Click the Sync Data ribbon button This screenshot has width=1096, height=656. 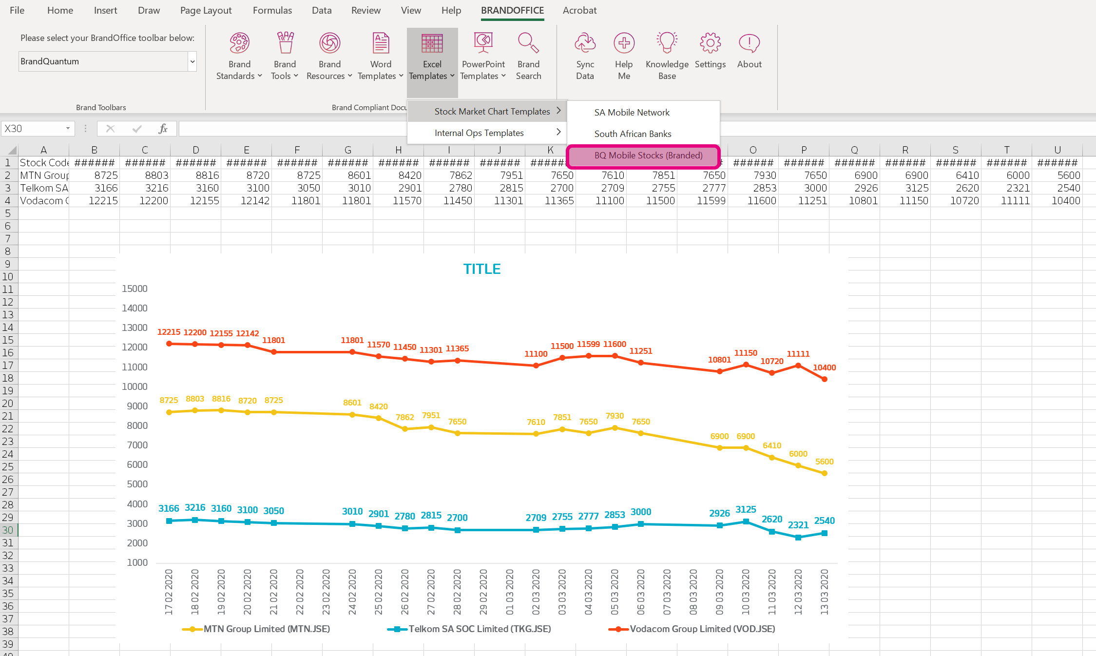coord(585,55)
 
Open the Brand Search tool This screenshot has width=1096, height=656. coord(528,55)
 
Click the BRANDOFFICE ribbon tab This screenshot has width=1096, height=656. coord(512,10)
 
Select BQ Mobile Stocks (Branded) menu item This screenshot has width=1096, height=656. coord(648,155)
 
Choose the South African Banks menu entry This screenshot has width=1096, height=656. coord(633,134)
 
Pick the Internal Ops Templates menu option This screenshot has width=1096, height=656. coord(479,133)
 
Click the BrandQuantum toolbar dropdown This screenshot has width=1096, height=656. coord(107,61)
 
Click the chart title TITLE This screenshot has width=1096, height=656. coord(481,269)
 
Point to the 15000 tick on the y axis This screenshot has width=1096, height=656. coord(135,289)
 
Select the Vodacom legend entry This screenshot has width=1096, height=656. coord(702,629)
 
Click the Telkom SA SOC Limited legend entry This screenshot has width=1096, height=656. coord(479,629)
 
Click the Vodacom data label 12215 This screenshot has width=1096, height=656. coord(169,332)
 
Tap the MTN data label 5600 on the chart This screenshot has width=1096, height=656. coord(824,462)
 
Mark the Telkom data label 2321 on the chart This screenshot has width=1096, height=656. coord(798,525)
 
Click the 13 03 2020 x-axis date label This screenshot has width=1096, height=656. coord(824,592)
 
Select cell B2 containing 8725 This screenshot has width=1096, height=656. coord(95,175)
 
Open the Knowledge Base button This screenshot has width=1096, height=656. coord(667,55)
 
